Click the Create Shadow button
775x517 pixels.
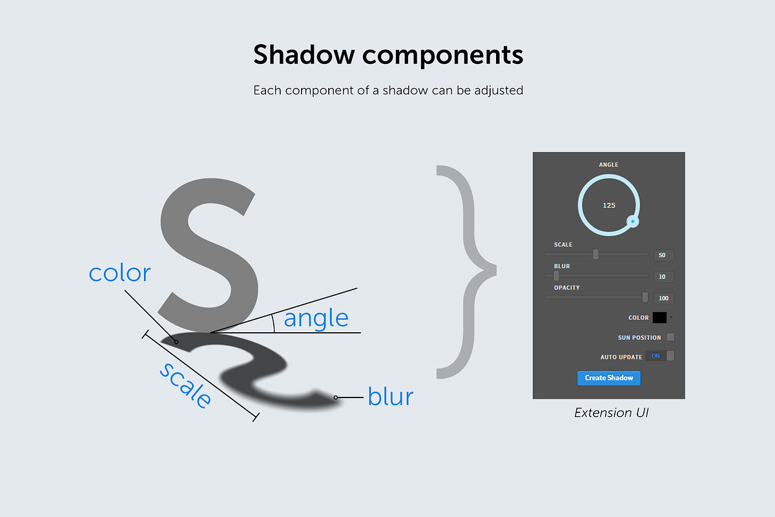point(608,377)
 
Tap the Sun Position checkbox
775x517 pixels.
point(670,337)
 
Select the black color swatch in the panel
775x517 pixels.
point(659,317)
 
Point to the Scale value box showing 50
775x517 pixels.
point(663,255)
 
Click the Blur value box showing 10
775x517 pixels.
point(663,277)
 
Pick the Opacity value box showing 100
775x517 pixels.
point(663,298)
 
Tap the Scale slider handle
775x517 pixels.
point(595,255)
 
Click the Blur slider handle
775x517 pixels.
point(556,276)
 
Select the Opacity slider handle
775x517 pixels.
point(645,297)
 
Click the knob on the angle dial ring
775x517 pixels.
point(634,222)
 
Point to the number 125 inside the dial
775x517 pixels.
point(609,206)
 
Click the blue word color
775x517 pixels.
point(119,273)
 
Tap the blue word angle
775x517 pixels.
point(316,318)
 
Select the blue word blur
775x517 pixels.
point(390,396)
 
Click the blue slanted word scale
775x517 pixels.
point(185,385)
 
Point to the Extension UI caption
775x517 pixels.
point(611,412)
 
